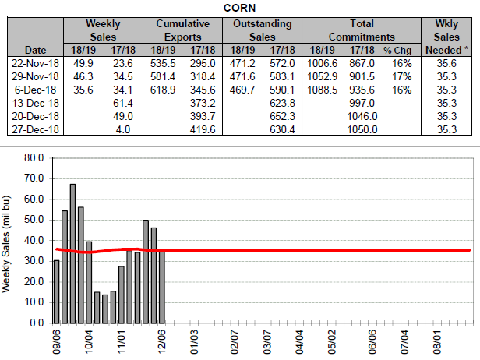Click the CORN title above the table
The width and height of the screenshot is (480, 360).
tap(240, 8)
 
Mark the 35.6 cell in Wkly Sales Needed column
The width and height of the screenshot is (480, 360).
tap(449, 62)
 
